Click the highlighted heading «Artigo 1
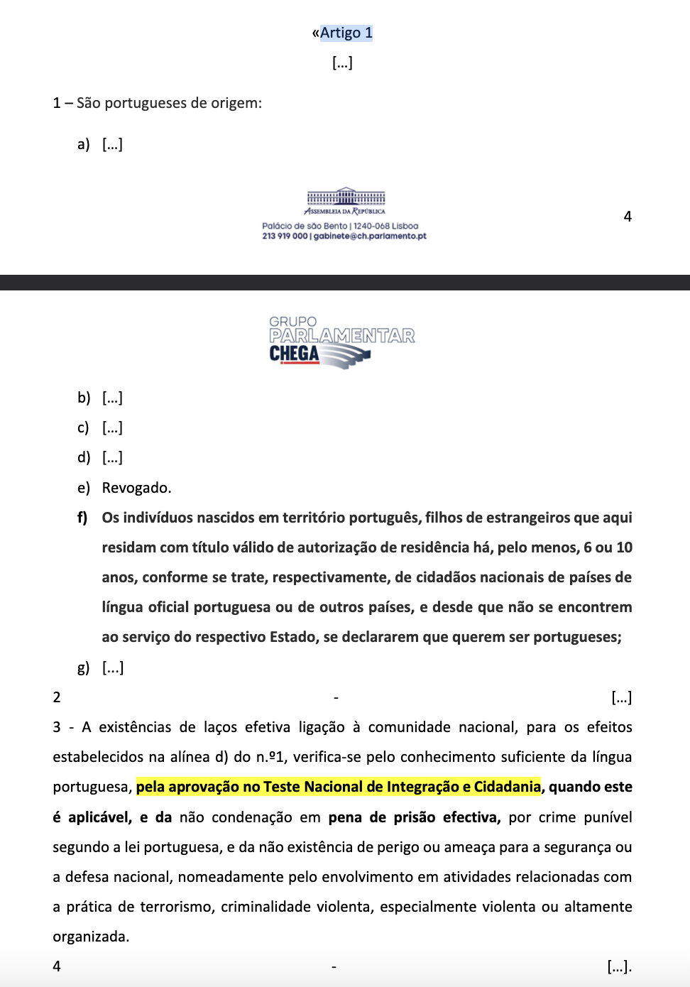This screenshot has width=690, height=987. pyautogui.click(x=342, y=33)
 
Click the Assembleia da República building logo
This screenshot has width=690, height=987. pyautogui.click(x=346, y=197)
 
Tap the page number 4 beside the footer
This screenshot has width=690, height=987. pyautogui.click(x=628, y=217)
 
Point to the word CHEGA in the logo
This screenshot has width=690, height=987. pyautogui.click(x=294, y=354)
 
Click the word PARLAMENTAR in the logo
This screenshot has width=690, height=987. pyautogui.click(x=341, y=336)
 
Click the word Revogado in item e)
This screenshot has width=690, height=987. pyautogui.click(x=136, y=488)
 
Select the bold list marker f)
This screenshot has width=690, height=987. pyautogui.click(x=82, y=518)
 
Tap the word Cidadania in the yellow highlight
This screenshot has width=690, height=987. pyautogui.click(x=507, y=787)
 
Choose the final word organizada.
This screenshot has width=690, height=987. pyautogui.click(x=91, y=937)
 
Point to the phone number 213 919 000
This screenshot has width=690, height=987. pyautogui.click(x=285, y=236)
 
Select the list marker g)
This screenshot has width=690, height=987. pyautogui.click(x=84, y=667)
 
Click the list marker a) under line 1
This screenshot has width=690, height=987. pyautogui.click(x=84, y=144)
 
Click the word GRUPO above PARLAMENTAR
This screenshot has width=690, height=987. pyautogui.click(x=292, y=322)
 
